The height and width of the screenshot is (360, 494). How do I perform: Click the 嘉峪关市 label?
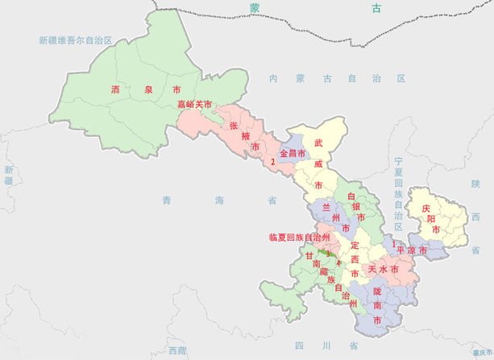coord(194,105)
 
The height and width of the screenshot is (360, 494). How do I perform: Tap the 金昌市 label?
coord(293,153)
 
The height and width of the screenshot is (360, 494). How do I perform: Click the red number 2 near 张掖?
coord(273,162)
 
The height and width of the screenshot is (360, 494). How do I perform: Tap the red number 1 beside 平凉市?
coord(392,242)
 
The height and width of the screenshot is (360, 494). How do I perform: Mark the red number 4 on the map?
coord(338,263)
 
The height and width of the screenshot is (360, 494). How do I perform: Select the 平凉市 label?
coord(417,250)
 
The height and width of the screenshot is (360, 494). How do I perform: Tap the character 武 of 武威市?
coord(319,142)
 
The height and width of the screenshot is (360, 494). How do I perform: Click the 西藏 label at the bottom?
coord(177,350)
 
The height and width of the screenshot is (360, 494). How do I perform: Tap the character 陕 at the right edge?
coord(475,184)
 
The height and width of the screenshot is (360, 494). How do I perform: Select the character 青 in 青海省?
coord(166,200)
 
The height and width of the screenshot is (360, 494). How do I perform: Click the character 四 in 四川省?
coord(300,346)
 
